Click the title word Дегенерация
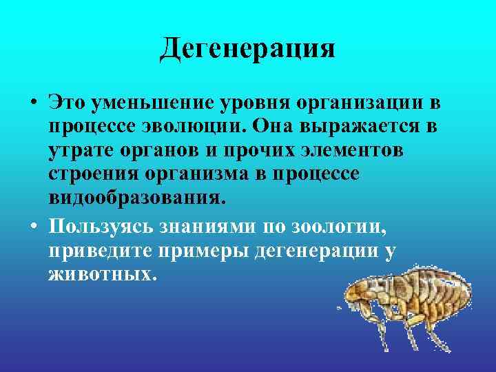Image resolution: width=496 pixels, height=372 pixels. click(247, 50)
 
